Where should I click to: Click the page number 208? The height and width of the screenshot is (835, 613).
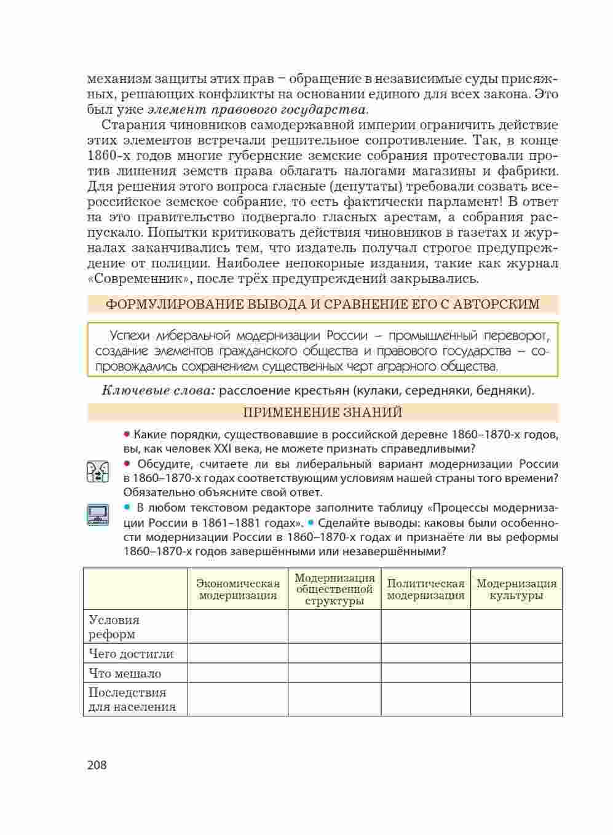(x=97, y=765)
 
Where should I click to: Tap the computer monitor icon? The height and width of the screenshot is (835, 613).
(x=98, y=514)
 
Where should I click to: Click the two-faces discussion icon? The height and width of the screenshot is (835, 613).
(x=98, y=472)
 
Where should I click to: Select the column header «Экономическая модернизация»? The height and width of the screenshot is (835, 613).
(x=237, y=589)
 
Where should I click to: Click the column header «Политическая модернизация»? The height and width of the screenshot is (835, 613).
(x=425, y=589)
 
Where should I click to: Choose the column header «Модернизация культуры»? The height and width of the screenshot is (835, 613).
(x=516, y=589)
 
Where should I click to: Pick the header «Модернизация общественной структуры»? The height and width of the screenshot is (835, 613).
(x=334, y=589)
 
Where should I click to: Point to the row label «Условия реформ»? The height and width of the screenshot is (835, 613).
(x=114, y=627)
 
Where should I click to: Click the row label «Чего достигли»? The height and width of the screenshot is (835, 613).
(x=131, y=654)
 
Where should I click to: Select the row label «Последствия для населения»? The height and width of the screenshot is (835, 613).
(x=132, y=700)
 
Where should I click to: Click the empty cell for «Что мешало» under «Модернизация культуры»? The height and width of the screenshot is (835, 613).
(x=516, y=673)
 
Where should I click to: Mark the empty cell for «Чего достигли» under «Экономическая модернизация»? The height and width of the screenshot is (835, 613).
(x=237, y=654)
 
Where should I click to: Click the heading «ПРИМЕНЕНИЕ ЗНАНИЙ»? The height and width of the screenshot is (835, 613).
(x=323, y=413)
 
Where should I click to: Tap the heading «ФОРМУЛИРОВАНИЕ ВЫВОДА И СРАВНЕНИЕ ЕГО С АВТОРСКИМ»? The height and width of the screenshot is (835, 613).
(x=323, y=304)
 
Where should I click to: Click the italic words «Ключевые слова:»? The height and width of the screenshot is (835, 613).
(x=158, y=390)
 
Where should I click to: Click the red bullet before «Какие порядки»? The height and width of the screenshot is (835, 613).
(x=127, y=435)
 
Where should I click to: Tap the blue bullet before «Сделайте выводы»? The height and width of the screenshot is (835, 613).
(x=311, y=523)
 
